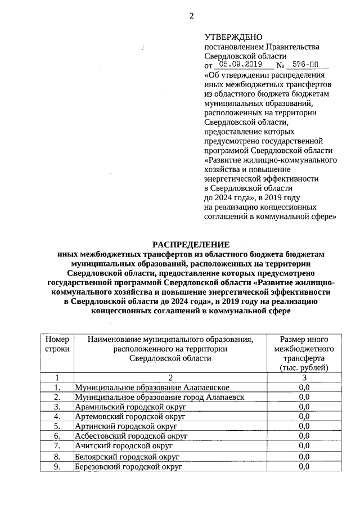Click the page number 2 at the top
coord(191,16)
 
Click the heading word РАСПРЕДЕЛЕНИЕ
coord(191,245)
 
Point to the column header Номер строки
coord(57,344)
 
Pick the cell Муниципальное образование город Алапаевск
coord(159,397)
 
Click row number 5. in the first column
coord(57,426)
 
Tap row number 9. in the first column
coord(57,467)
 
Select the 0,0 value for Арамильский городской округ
coord(304,407)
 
